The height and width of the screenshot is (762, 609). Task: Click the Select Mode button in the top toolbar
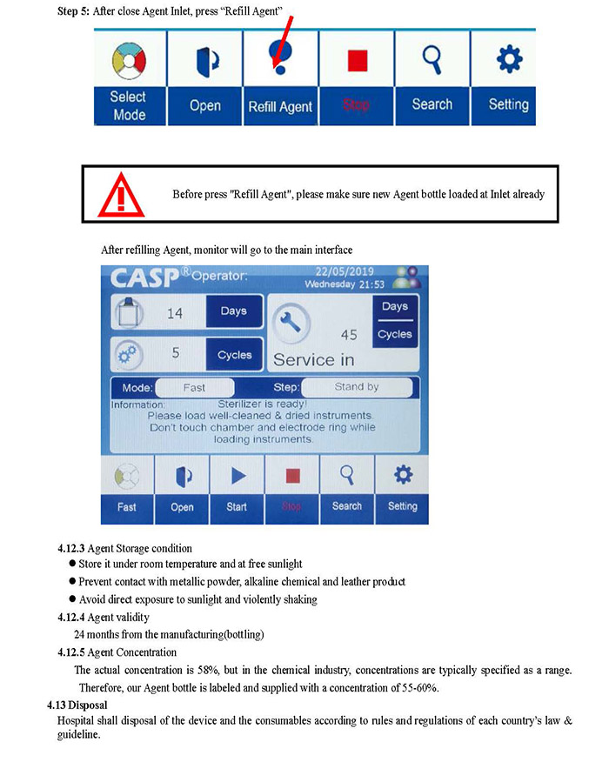128,77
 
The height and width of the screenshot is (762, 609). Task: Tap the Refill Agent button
279,77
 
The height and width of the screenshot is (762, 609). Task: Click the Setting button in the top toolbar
508,77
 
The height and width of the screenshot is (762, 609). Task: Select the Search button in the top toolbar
432,77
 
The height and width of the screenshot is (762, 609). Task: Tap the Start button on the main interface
237,489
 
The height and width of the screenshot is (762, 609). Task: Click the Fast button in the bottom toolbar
127,489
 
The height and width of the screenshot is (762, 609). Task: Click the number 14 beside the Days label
175,313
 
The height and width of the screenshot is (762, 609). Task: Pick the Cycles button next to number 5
233,355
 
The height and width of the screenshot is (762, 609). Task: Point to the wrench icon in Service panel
291,324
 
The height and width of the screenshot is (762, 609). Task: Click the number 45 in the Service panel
349,335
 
